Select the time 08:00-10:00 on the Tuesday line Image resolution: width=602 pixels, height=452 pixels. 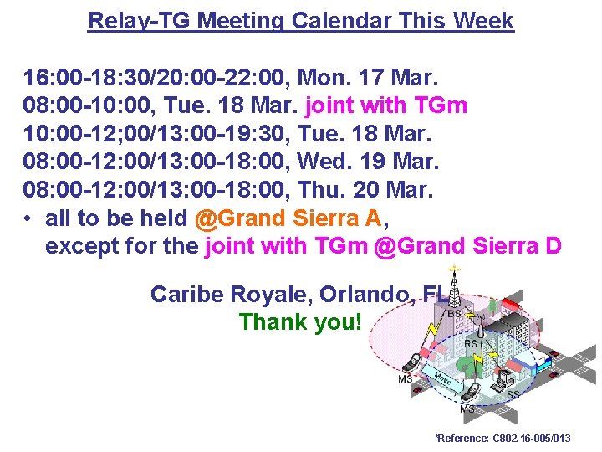point(79,106)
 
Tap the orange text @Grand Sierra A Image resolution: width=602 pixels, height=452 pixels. point(288,218)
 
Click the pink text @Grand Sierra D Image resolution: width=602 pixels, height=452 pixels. point(468,247)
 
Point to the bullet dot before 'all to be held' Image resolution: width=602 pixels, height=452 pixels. point(28,219)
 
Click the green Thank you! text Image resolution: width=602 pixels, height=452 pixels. point(300,321)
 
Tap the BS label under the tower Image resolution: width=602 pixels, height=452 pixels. point(454,314)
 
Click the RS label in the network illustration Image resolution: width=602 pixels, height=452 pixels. point(471,343)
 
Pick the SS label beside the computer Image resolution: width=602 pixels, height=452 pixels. point(513,393)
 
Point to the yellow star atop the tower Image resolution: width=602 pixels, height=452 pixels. point(454,270)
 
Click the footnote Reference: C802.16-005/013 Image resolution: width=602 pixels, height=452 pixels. point(503,439)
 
